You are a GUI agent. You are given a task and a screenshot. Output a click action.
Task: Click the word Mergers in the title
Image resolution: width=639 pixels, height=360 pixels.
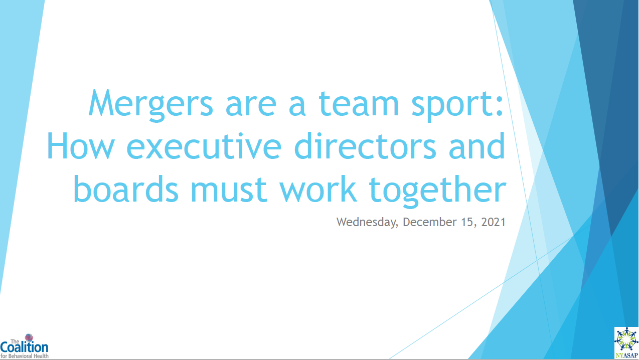(x=151, y=105)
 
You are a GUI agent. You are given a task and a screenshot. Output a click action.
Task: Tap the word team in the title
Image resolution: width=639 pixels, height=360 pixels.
(x=359, y=103)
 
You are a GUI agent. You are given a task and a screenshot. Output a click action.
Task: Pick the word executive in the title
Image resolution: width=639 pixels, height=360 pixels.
(x=204, y=146)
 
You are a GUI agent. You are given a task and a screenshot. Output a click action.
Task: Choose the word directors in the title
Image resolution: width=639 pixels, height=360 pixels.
(x=365, y=146)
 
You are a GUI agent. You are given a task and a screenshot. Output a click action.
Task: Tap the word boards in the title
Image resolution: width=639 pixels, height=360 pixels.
(x=126, y=189)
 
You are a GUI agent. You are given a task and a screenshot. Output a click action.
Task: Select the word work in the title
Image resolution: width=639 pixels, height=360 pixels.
(x=318, y=189)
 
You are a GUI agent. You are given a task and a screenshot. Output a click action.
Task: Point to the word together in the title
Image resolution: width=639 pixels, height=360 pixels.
(x=438, y=191)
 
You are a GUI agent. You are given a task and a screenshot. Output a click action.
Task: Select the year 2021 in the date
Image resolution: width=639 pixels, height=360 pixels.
(x=493, y=222)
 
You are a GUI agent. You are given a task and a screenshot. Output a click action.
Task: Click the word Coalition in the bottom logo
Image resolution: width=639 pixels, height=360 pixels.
(x=24, y=347)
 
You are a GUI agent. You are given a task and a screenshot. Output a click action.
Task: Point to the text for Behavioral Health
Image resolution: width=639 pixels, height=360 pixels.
(x=24, y=356)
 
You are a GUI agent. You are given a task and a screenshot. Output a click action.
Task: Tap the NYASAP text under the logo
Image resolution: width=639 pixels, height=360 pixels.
(x=626, y=355)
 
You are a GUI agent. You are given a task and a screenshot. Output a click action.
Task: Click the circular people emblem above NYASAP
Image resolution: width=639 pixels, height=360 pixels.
(x=626, y=339)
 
